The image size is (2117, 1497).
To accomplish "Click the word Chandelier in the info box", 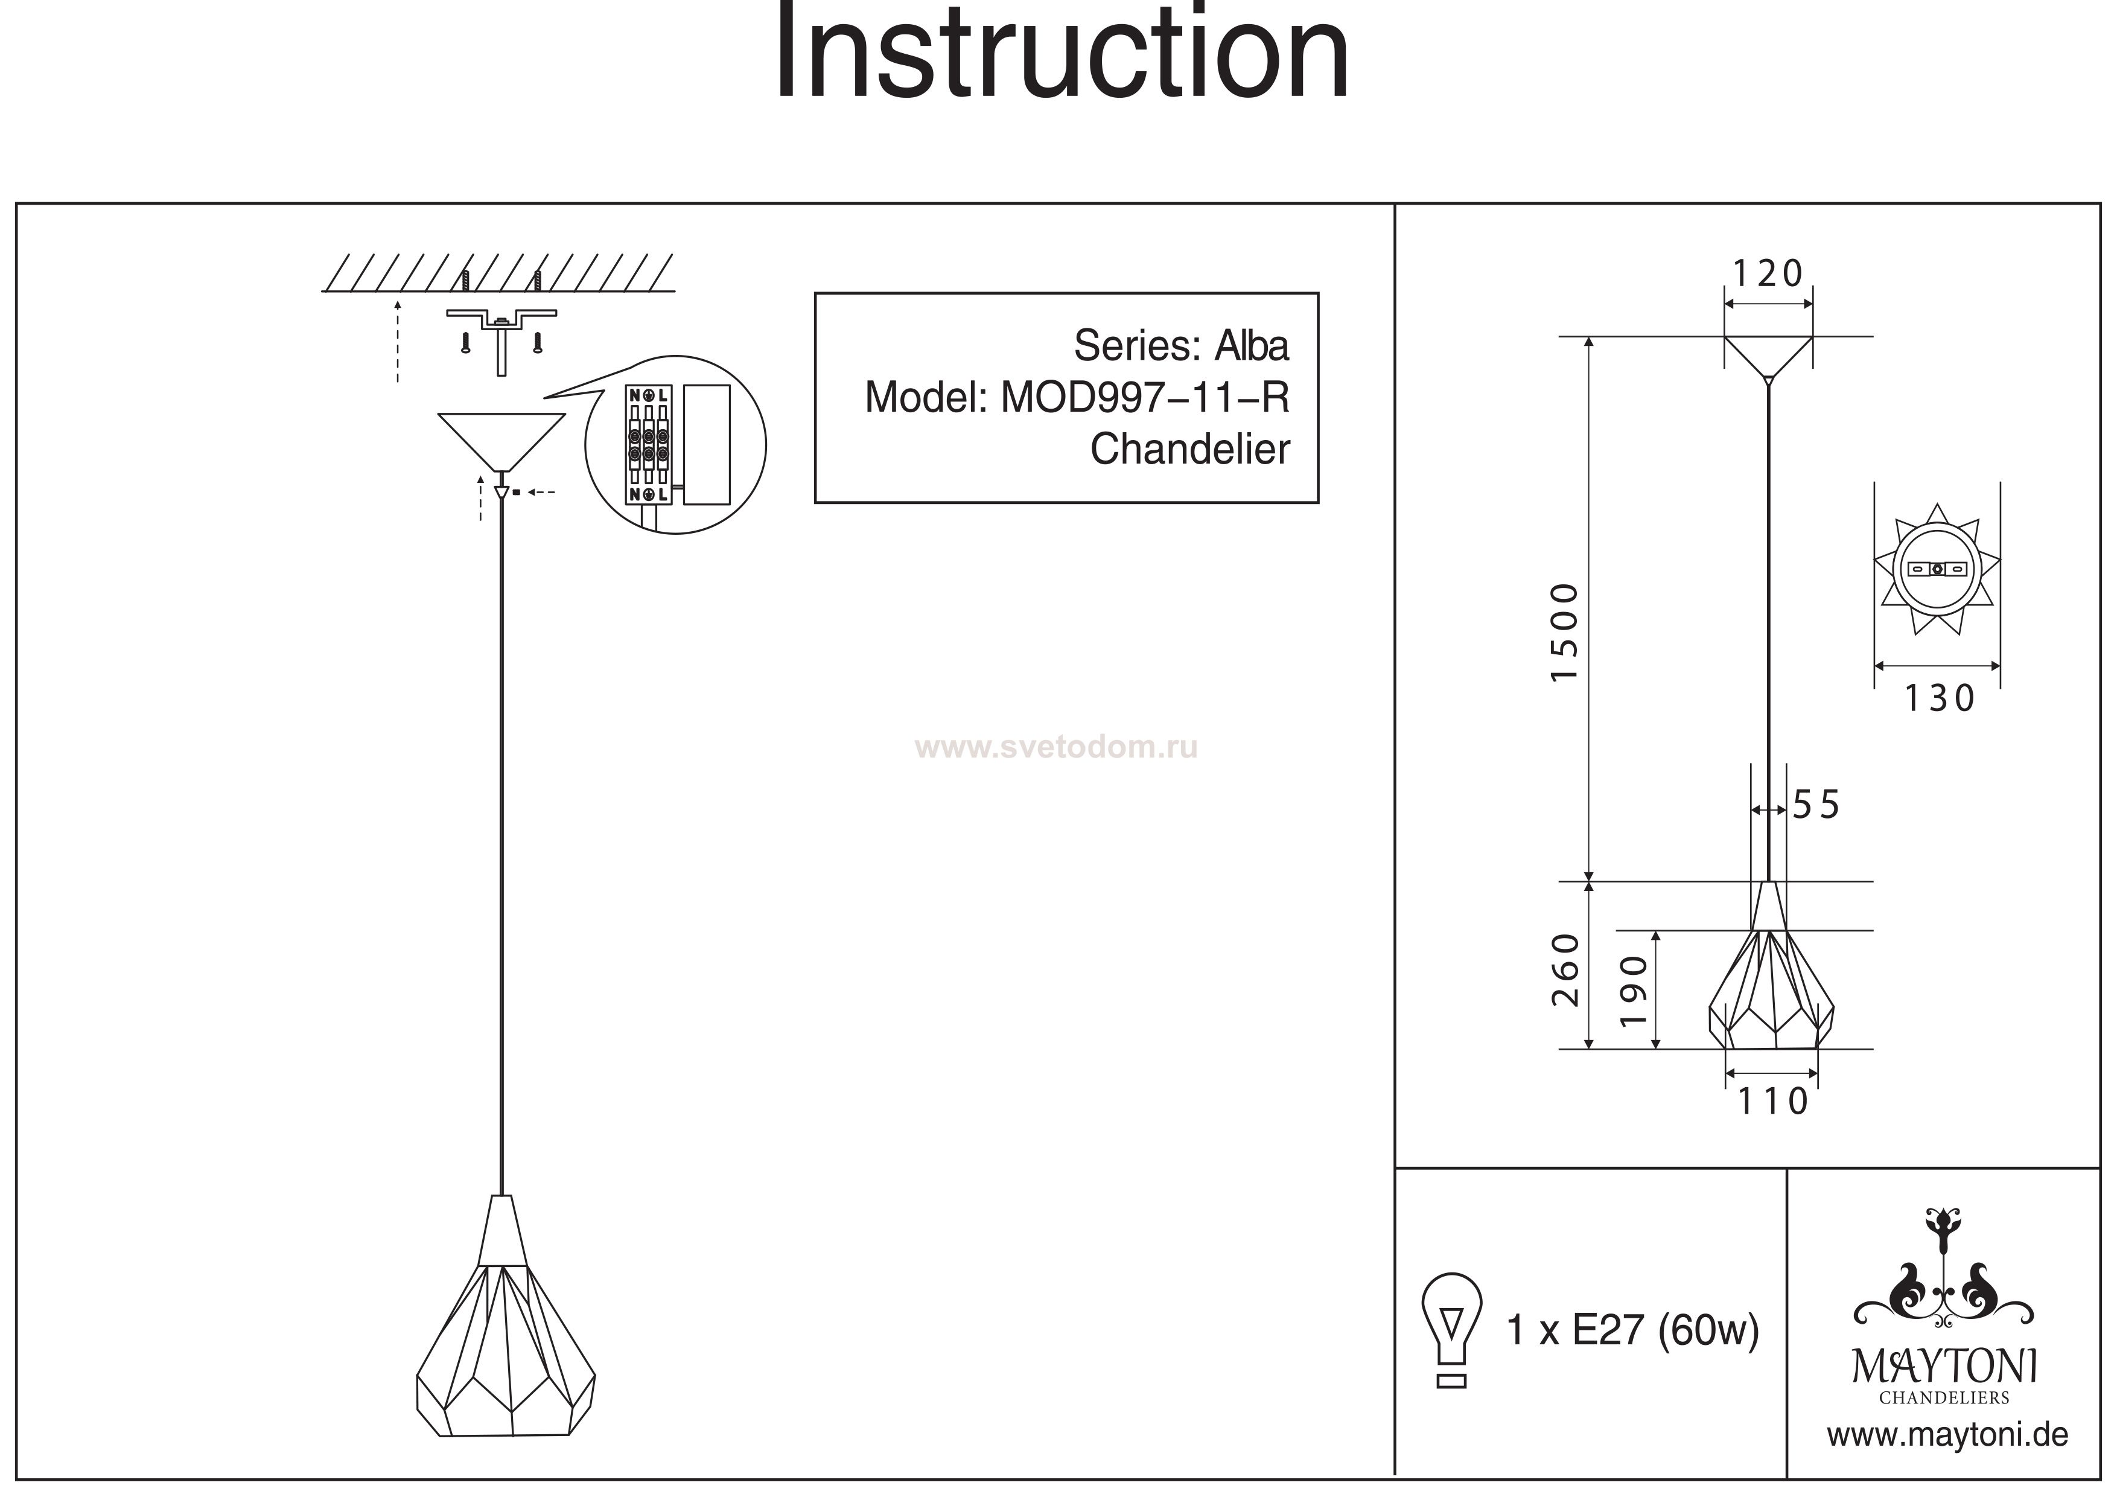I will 1189,449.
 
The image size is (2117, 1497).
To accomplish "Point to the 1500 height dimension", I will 1565,632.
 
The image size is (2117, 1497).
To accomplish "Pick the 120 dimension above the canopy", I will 1768,274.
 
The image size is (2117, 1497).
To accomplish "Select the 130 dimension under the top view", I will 1939,699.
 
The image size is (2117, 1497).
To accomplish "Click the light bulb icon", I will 1451,1329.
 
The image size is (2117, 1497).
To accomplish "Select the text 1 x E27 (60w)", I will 1632,1330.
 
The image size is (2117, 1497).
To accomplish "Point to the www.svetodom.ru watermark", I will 1055,747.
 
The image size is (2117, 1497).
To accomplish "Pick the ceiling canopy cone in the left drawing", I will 501,440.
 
